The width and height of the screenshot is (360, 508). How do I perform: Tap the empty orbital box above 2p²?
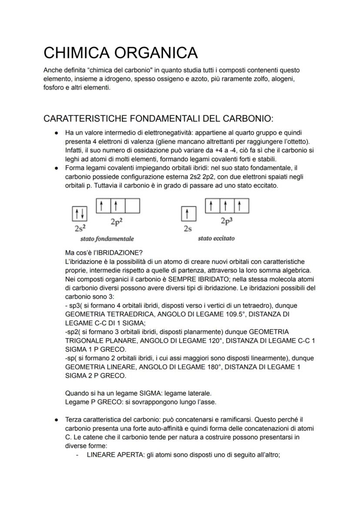(x=132, y=206)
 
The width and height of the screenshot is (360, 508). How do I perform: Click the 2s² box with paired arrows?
(x=79, y=213)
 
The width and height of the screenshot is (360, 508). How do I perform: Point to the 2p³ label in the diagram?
(x=226, y=220)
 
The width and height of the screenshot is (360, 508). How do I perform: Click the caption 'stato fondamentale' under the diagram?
(x=107, y=239)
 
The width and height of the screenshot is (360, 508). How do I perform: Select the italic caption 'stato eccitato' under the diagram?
(x=216, y=239)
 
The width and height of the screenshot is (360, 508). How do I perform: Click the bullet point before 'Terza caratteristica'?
(x=57, y=420)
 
